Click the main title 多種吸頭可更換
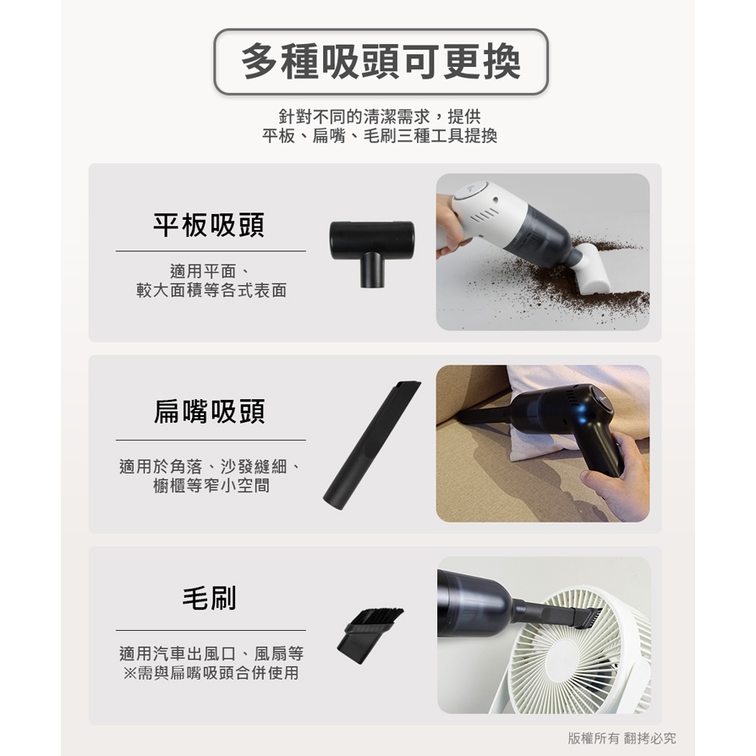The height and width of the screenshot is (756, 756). (381, 62)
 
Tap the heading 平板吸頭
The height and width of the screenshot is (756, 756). (209, 225)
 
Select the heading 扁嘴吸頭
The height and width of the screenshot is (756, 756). (209, 412)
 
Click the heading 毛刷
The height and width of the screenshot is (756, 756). (209, 599)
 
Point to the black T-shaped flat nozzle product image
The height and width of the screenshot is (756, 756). (372, 252)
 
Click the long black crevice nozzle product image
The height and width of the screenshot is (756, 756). (371, 445)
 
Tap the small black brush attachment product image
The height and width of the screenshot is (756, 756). (370, 635)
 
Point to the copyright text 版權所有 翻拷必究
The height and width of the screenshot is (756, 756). (622, 737)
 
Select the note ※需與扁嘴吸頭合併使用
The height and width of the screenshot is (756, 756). (211, 672)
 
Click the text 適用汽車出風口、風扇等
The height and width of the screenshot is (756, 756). (211, 654)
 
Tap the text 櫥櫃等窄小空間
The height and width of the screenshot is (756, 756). (211, 485)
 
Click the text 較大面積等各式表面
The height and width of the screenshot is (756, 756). (211, 290)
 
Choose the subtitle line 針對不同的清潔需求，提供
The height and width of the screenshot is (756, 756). (380, 116)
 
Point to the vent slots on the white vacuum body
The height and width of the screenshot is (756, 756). (485, 216)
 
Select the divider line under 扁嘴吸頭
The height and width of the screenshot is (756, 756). (211, 440)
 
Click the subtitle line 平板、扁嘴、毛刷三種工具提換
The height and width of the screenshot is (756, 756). (380, 136)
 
